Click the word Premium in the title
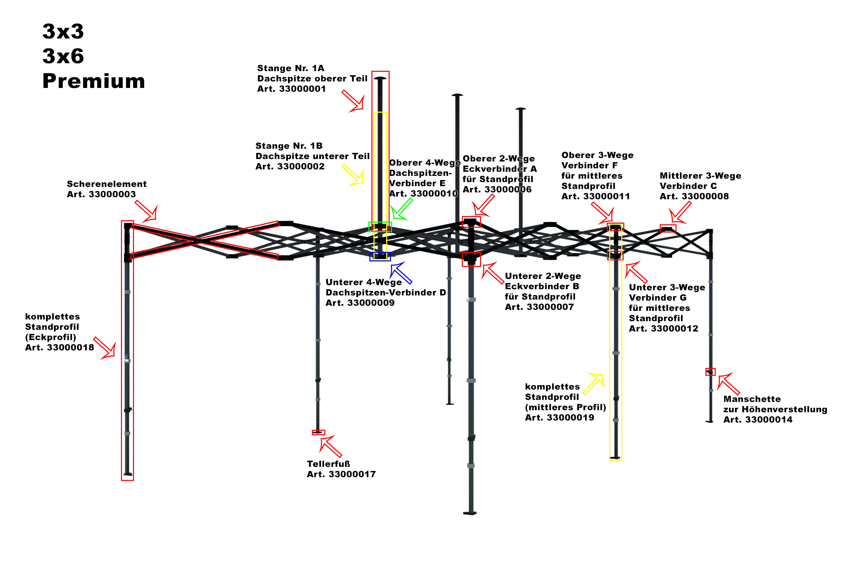[x=93, y=81]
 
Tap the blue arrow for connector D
[x=401, y=272]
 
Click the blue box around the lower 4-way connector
[x=380, y=257]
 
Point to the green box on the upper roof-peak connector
[x=380, y=227]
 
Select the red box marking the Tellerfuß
[x=318, y=433]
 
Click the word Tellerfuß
[x=328, y=464]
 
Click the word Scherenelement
[x=107, y=184]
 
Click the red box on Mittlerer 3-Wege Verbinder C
[x=668, y=228]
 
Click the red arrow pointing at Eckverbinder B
[x=492, y=273]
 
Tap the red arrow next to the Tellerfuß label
[x=330, y=446]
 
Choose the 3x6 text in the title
[x=63, y=56]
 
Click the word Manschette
[x=752, y=399]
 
